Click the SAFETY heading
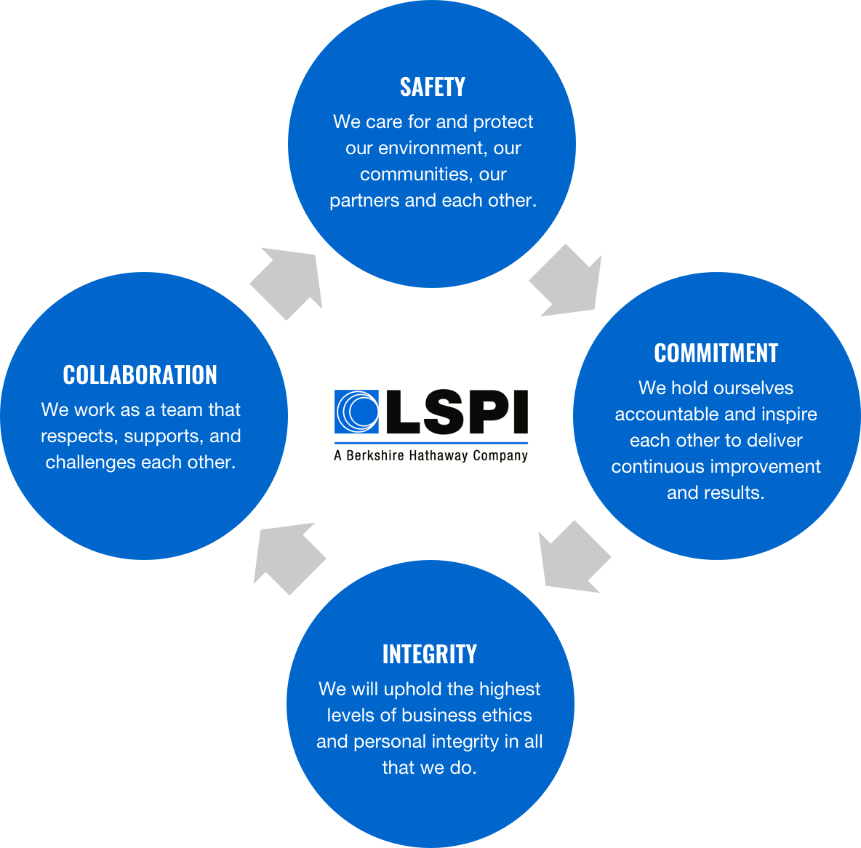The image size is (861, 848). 432,87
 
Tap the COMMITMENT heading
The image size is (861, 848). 716,353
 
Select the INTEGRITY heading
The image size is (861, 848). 429,655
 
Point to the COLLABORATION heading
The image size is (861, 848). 140,375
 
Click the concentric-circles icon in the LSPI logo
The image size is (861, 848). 356,412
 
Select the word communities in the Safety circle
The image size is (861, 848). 413,175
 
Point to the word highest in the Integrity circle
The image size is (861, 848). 509,689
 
